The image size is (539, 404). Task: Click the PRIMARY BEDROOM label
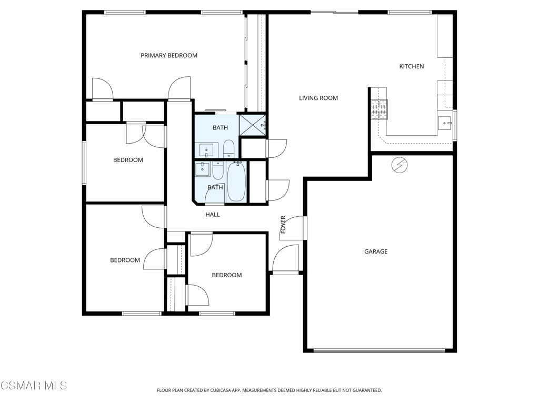pyautogui.click(x=169, y=55)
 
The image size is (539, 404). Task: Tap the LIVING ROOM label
pyautogui.click(x=318, y=98)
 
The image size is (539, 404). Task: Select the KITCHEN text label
pyautogui.click(x=412, y=66)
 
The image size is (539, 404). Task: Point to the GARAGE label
pyautogui.click(x=376, y=251)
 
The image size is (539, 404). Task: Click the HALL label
pyautogui.click(x=213, y=215)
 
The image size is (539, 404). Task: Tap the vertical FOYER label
pyautogui.click(x=283, y=225)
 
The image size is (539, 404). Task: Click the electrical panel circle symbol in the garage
pyautogui.click(x=400, y=165)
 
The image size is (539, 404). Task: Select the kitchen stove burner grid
pyautogui.click(x=379, y=109)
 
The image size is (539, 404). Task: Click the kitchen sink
pyautogui.click(x=444, y=123)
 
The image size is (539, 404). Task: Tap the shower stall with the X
pyautogui.click(x=252, y=125)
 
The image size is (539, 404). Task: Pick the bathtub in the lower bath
pyautogui.click(x=236, y=181)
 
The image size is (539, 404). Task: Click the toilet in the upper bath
pyautogui.click(x=228, y=148)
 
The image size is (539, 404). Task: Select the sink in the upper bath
pyautogui.click(x=206, y=150)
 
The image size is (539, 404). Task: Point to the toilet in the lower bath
pyautogui.click(x=217, y=171)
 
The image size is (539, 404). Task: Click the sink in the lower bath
pyautogui.click(x=203, y=169)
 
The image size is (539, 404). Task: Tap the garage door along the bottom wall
pyautogui.click(x=379, y=351)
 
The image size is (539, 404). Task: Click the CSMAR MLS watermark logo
pyautogui.click(x=34, y=386)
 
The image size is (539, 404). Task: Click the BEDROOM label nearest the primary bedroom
pyautogui.click(x=128, y=160)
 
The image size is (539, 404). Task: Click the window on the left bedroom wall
pyautogui.click(x=84, y=163)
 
